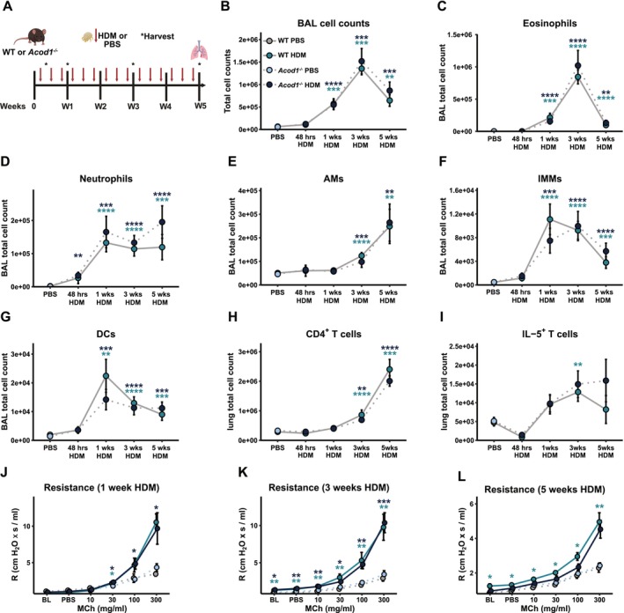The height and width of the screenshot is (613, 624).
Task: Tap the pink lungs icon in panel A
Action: pos(199,52)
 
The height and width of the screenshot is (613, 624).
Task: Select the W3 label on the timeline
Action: pos(133,107)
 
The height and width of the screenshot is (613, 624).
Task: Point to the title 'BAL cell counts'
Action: pos(334,23)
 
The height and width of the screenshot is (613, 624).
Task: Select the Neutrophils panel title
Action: pos(106,179)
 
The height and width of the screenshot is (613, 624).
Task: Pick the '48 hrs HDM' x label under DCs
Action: pos(77,452)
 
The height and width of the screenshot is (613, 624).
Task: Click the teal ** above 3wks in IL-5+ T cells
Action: pos(578,365)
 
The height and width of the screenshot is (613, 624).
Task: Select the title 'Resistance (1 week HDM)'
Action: pos(101,488)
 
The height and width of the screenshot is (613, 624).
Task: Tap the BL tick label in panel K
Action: pos(275,600)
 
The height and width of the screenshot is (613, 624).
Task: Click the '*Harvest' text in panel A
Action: pos(158,36)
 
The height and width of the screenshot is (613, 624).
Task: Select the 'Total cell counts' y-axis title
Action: pos(228,81)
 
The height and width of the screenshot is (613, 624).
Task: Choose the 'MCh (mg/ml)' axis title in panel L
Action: pos(545,609)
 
